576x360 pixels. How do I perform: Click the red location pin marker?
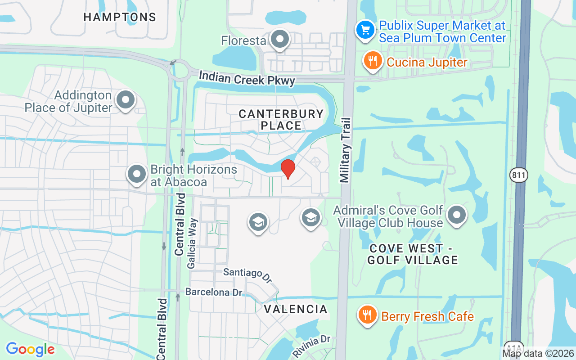coord(288,169)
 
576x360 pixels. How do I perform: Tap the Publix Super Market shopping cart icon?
coord(365,30)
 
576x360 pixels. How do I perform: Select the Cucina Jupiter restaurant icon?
coord(373,61)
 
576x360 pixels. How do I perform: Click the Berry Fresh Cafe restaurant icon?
coord(368,315)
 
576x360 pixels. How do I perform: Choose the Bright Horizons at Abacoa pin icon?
coord(137,174)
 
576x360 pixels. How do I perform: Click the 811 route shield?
coord(519,175)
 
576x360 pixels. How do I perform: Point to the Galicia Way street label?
coord(193,243)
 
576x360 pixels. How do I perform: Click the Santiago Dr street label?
coord(248,274)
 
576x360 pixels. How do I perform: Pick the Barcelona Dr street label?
coord(214,292)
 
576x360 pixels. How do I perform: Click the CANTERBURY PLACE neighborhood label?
coord(281,120)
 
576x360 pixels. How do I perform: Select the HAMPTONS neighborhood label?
coord(120,17)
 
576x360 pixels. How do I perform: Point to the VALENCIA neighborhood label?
coord(296,309)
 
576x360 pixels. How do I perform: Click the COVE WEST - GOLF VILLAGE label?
coord(413,254)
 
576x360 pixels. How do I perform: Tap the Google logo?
coord(30,349)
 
